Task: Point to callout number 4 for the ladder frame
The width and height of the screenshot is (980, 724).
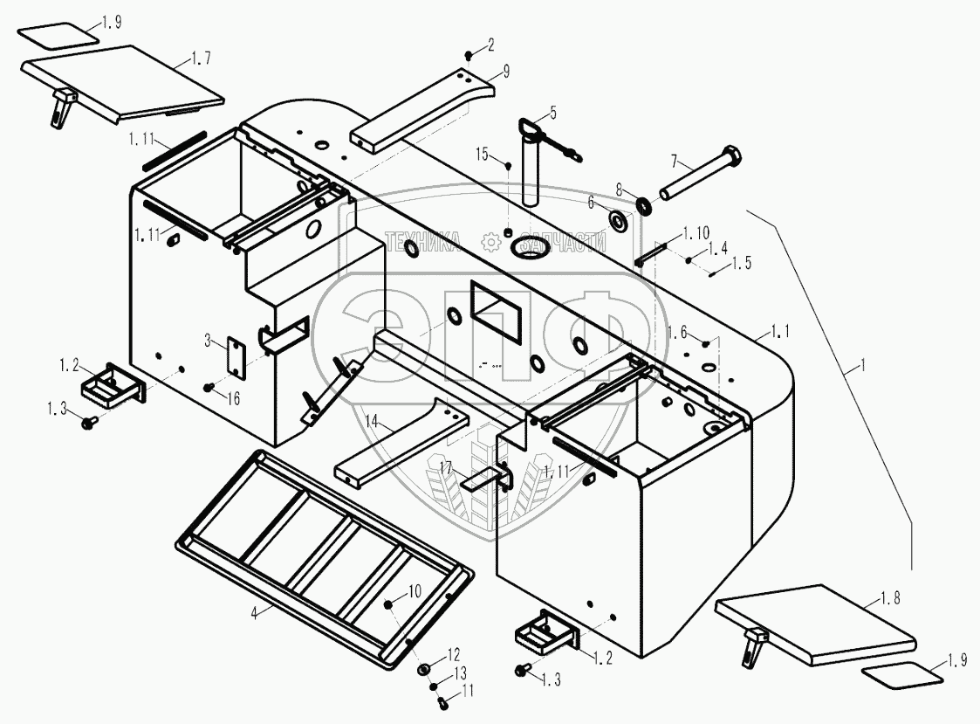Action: click(254, 613)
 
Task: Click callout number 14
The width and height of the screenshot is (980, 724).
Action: click(373, 422)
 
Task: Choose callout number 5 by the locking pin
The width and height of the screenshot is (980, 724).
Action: click(551, 113)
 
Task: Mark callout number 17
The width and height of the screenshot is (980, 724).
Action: click(446, 469)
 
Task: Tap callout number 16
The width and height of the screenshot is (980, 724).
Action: click(233, 398)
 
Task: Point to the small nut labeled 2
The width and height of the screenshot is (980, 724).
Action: click(468, 57)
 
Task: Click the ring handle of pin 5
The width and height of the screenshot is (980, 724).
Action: click(530, 127)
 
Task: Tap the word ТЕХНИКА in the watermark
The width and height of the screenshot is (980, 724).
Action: click(425, 241)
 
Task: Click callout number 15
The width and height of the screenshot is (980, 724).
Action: click(483, 154)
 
